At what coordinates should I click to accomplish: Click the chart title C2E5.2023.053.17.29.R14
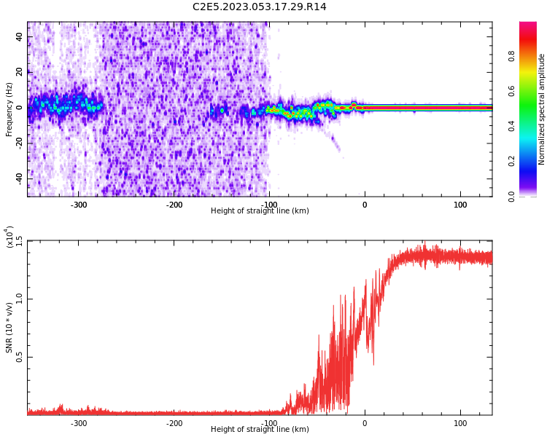coord(259,7)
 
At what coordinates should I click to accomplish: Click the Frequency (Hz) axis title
coord(9,109)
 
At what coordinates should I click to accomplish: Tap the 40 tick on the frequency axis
coord(20,37)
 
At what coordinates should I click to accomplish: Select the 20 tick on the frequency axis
coord(20,72)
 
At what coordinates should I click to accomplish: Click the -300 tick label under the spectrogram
coord(78,205)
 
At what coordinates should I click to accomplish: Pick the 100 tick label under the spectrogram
coord(460,205)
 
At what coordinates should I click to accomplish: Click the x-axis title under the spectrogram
coord(260,211)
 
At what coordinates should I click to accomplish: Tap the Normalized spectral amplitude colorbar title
coord(542,109)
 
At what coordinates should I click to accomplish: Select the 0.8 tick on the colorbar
coord(511,55)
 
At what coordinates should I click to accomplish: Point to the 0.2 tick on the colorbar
coord(511,161)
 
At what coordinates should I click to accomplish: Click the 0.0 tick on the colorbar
coord(511,196)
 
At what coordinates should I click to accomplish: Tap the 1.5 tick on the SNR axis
coord(20,240)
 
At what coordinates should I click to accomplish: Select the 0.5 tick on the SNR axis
coord(20,357)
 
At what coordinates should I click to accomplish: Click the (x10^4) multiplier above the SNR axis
coord(9,237)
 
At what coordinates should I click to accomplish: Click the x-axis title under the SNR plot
coord(260,430)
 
